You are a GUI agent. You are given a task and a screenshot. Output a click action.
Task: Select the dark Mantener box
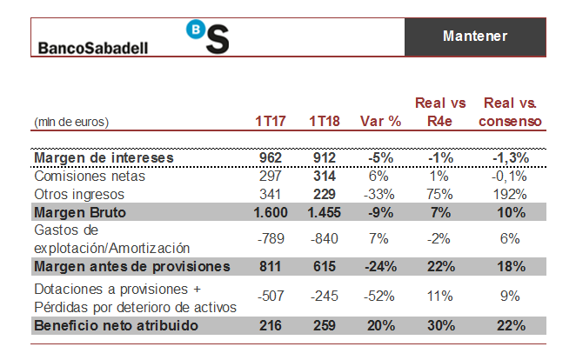[x=475, y=36]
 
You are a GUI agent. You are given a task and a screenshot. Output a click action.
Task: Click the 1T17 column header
[x=271, y=121]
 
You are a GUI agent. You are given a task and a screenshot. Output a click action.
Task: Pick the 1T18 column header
[x=324, y=121]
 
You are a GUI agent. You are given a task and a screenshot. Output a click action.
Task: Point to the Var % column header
[x=379, y=121]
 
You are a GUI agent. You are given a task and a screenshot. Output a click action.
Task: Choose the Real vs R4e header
[x=441, y=112]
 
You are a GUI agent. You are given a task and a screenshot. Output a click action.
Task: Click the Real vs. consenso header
[x=510, y=112]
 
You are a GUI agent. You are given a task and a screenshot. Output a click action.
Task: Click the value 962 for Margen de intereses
[x=271, y=157]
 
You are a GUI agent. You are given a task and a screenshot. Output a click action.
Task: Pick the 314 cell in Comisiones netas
[x=324, y=176]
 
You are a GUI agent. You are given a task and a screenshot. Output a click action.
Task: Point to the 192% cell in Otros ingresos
[x=510, y=193]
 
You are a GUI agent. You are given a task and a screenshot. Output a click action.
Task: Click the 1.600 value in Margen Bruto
[x=267, y=211]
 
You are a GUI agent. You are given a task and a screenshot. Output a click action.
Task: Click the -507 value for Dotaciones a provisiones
[x=269, y=295]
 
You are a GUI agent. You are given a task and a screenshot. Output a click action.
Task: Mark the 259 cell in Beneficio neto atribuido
[x=324, y=325]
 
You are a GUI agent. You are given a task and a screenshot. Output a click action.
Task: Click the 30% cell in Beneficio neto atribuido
[x=441, y=325]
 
